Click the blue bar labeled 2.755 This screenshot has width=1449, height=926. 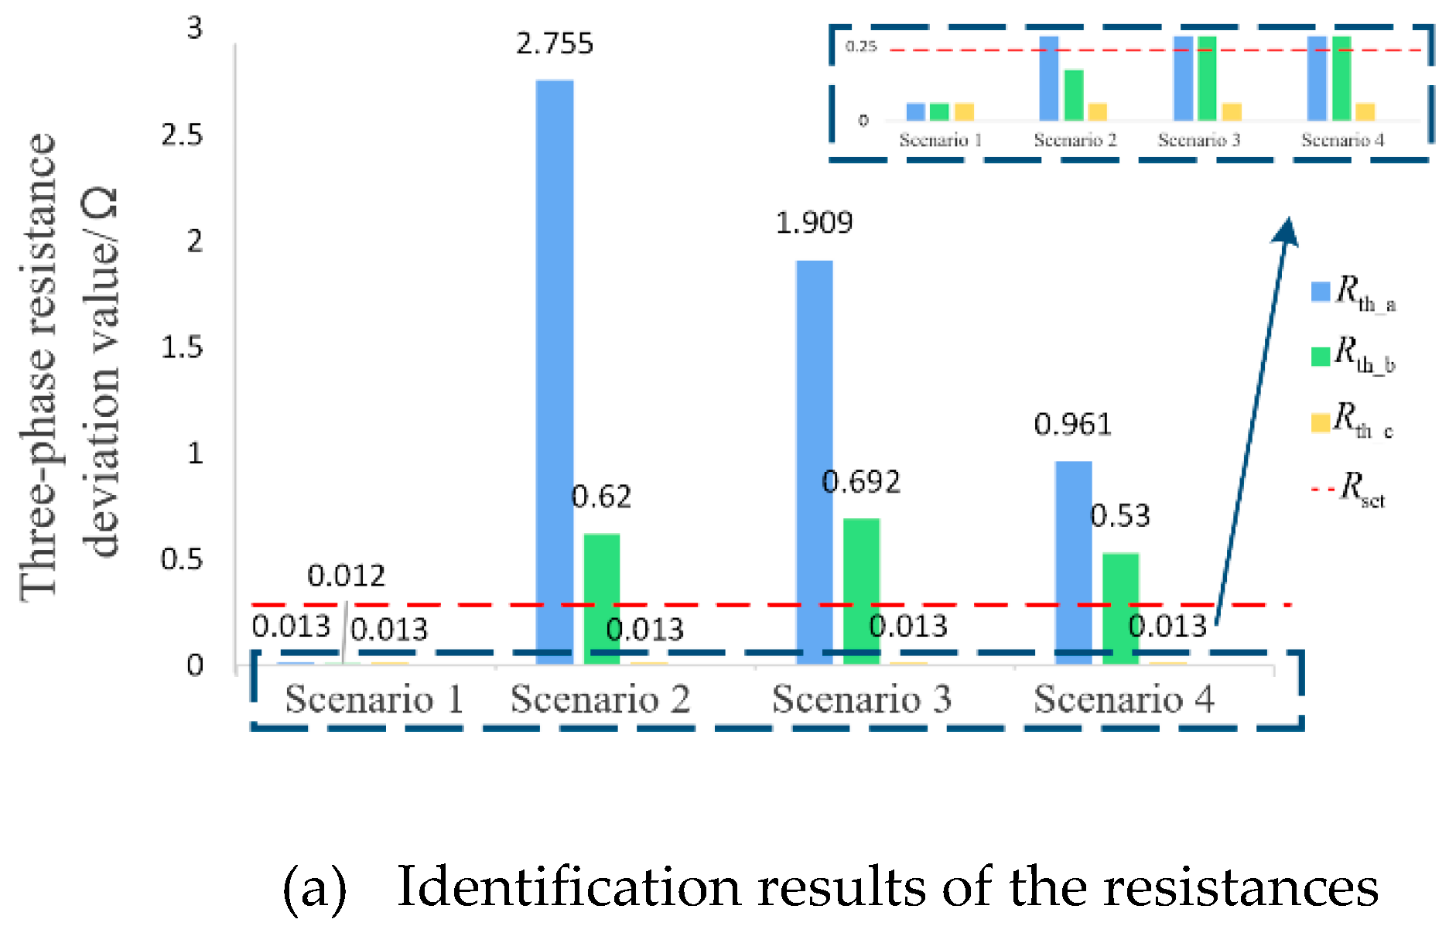coord(555,371)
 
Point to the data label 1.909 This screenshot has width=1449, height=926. coord(814,223)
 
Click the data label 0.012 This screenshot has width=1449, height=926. coord(346,576)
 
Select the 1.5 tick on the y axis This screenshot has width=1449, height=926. coord(182,347)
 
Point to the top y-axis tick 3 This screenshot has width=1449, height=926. coord(194,28)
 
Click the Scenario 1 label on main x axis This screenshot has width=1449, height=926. coord(374,699)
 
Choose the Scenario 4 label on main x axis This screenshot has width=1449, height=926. coord(1124,699)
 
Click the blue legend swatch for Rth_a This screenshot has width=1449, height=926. coord(1320,292)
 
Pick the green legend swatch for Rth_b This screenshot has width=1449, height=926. coord(1320,356)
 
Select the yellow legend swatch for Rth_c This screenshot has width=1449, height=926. coord(1320,422)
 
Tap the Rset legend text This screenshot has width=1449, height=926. coord(1362,489)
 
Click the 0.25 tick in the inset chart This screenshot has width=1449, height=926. coord(861,46)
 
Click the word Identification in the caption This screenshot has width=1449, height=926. coord(569,887)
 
